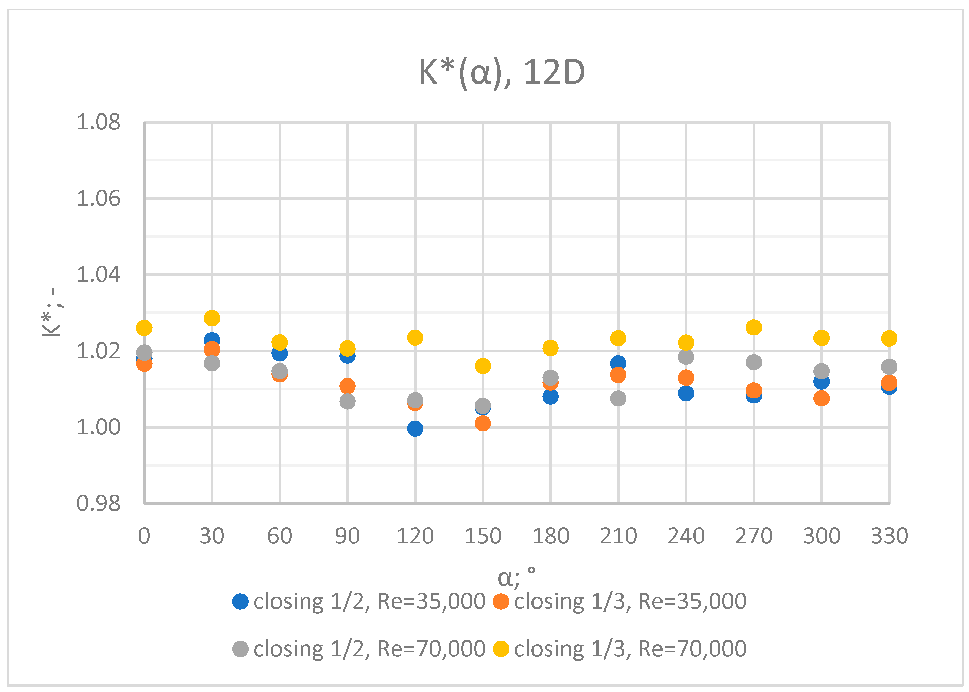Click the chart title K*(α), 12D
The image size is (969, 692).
point(502,72)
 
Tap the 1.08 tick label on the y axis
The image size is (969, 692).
point(98,122)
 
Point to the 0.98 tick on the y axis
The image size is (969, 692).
point(98,504)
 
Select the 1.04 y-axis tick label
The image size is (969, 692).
point(98,274)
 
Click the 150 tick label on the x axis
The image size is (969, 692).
point(483,536)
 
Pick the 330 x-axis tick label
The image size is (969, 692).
point(889,536)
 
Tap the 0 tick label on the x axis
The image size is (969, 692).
point(144,536)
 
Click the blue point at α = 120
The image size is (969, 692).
point(415,428)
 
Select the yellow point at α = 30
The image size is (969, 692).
point(212,318)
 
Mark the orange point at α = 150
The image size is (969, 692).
point(483,423)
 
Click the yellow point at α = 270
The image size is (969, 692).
point(754,327)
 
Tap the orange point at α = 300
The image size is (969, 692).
point(821,398)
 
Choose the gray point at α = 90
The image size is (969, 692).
point(347,401)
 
